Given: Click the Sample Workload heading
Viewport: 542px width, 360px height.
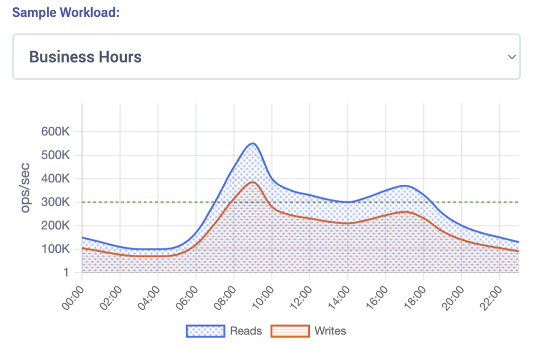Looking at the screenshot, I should [x=66, y=13].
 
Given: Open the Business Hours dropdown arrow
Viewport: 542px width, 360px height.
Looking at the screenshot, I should [x=512, y=57].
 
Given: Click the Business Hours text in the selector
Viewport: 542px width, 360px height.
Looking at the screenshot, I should [x=85, y=57].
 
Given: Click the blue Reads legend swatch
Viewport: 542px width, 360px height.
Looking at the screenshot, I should [x=205, y=331].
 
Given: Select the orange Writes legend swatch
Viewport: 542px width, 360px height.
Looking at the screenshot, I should [x=290, y=331].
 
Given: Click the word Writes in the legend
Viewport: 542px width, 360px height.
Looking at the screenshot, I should [x=330, y=331].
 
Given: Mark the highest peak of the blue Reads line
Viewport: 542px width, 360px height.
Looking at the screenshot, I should [x=252, y=143].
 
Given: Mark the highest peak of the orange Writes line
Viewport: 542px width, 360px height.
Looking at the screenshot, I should [x=252, y=182].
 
